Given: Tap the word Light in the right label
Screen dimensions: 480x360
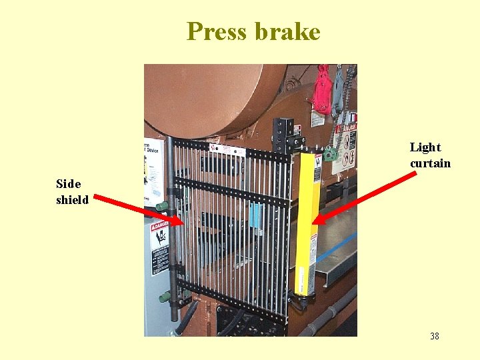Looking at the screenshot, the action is click(425, 147).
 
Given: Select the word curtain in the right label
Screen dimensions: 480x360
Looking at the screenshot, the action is click(430, 163).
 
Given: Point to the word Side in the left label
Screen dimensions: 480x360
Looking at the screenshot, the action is click(68, 184).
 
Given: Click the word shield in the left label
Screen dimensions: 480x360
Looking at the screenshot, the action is click(72, 199).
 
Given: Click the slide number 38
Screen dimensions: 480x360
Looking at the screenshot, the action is click(435, 336).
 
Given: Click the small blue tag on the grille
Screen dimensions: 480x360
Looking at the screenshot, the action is click(254, 215).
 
